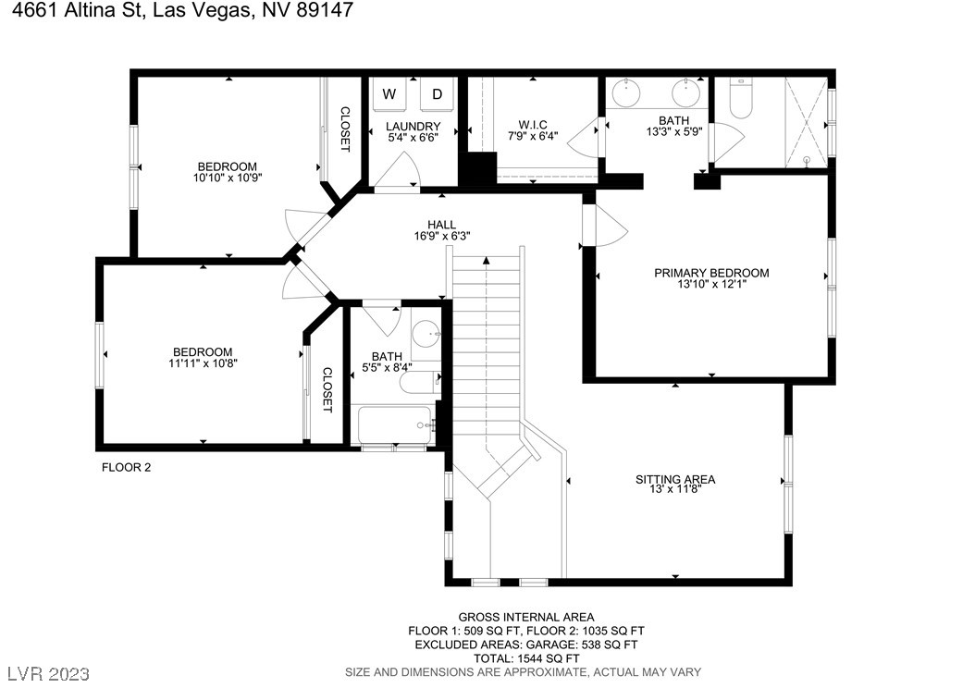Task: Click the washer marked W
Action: coord(389,93)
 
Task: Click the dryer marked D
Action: coord(438,93)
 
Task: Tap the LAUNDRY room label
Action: coord(413,126)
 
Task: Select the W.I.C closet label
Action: coord(533,125)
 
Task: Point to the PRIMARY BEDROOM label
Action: coord(711,273)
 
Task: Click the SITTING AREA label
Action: coord(675,479)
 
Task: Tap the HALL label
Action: coord(441,225)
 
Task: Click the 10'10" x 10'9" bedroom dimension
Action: coord(227,178)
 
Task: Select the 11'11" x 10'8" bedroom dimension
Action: coord(203,362)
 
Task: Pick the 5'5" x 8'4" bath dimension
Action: coord(387,367)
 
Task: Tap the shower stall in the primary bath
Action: coord(807,122)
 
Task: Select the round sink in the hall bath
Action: coord(427,335)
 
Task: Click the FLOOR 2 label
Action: coord(126,467)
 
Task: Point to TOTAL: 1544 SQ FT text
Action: coord(526,658)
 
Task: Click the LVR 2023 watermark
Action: coord(48,674)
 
